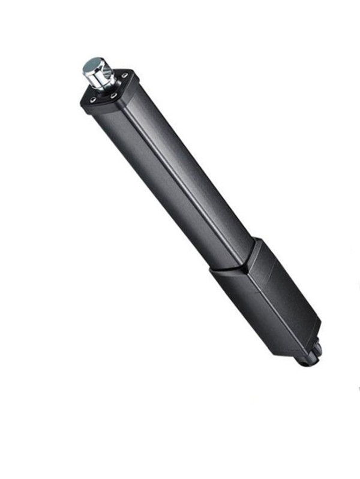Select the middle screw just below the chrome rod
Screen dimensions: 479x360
tap(113, 95)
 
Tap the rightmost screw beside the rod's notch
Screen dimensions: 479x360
tap(125, 76)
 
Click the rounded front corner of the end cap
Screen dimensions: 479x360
tap(90, 107)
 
